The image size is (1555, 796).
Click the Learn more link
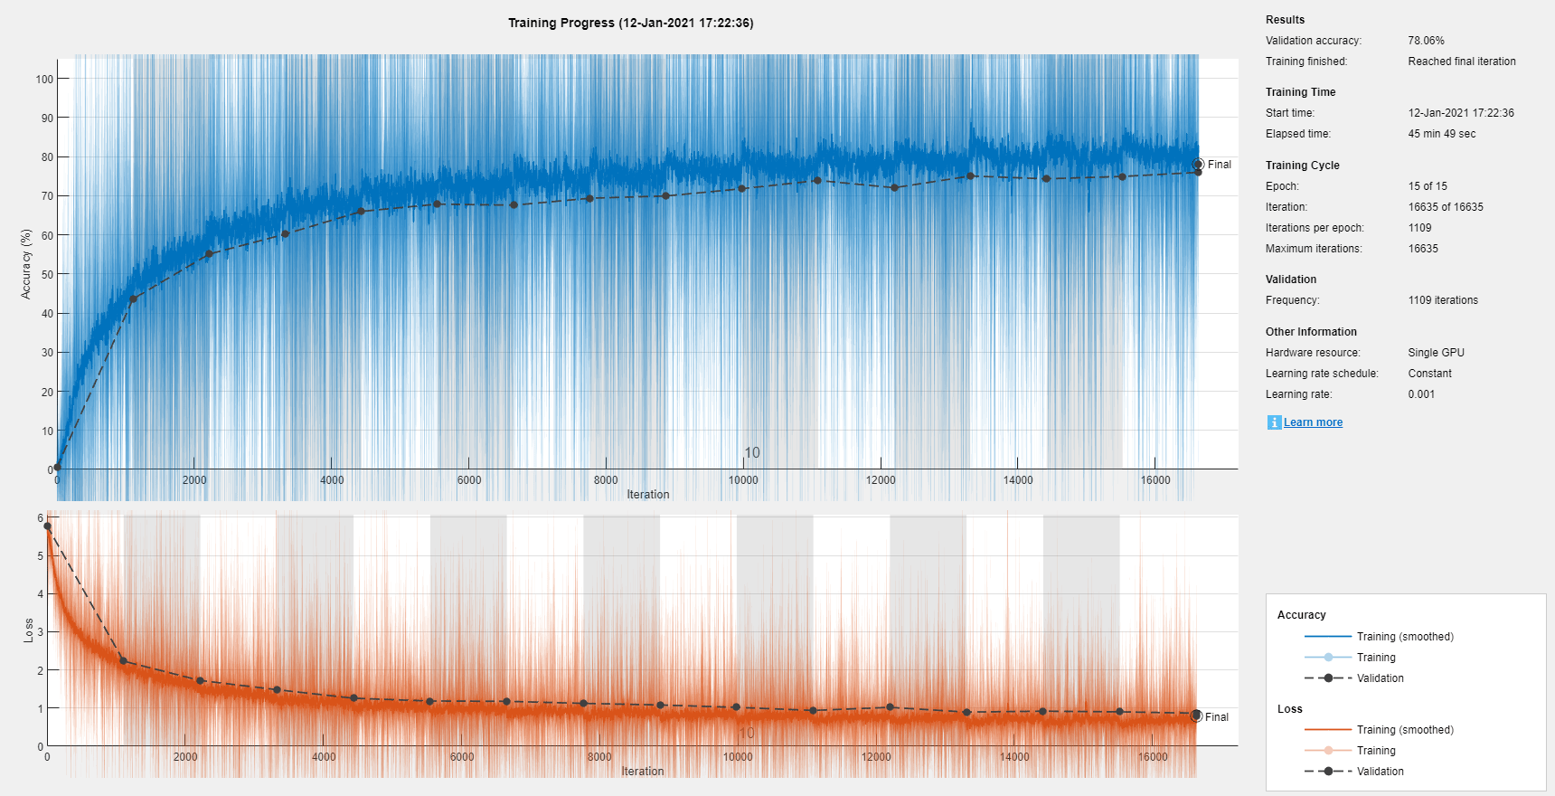coord(1313,422)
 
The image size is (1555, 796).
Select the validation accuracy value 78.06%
coord(1426,41)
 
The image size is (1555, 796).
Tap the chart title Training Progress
coord(630,23)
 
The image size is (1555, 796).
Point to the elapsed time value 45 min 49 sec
coord(1441,134)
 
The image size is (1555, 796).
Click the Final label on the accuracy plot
coord(1219,165)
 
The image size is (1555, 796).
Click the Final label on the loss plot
coord(1216,717)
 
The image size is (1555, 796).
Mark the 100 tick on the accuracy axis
coord(44,79)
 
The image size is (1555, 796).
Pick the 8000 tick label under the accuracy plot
coord(606,480)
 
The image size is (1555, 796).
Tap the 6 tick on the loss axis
coord(40,518)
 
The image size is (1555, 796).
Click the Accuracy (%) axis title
coord(26,263)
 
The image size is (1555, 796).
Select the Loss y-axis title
coord(29,630)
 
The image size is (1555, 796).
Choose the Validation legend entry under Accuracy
coord(1380,678)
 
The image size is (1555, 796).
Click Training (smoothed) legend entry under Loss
coord(1404,730)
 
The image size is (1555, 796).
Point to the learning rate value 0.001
coord(1421,394)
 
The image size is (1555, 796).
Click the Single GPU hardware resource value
coord(1436,353)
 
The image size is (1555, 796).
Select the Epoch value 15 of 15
coord(1427,186)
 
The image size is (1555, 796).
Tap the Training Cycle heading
coord(1302,166)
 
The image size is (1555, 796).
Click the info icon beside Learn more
coord(1274,422)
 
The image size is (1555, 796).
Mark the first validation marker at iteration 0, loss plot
coord(47,526)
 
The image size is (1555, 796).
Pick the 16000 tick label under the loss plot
coord(1153,757)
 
